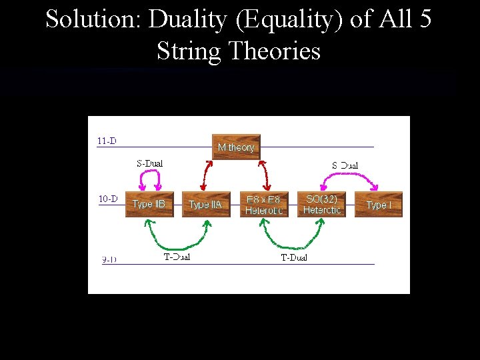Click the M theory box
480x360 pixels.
tap(236, 147)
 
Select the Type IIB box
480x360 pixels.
tap(149, 204)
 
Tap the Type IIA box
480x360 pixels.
tap(205, 205)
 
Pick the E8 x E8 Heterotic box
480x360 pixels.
tap(264, 205)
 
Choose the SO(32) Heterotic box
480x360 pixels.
tap(321, 204)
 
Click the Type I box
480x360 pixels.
tap(379, 205)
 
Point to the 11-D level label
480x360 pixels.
tap(107, 141)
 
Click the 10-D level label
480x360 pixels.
tap(108, 199)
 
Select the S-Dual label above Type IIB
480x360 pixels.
tap(149, 163)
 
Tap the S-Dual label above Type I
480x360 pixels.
tap(345, 165)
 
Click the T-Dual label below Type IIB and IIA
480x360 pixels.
tap(177, 257)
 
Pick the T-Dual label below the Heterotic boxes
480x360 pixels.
tap(294, 257)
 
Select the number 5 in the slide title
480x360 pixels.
tap(425, 19)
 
